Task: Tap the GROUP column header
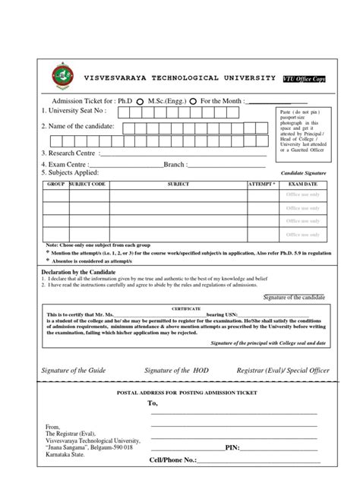pyautogui.click(x=55, y=185)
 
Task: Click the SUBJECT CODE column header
pyautogui.click(x=88, y=185)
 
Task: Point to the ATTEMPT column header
pyautogui.click(x=262, y=185)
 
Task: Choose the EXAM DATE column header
pyautogui.click(x=302, y=185)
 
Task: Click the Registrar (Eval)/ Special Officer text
pyautogui.click(x=275, y=369)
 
